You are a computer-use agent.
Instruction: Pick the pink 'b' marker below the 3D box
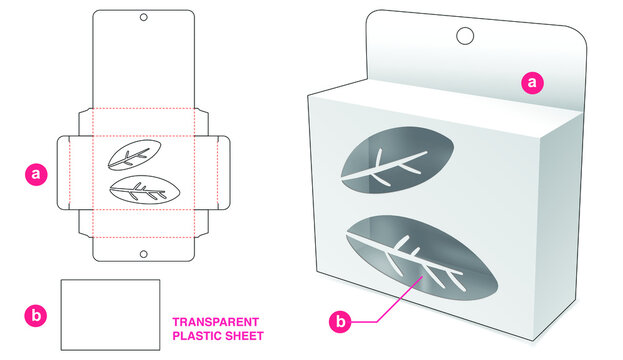342,322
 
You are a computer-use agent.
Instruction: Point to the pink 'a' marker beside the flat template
37,174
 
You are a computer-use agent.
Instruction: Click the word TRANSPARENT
216,322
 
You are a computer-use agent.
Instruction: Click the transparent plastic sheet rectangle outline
110,314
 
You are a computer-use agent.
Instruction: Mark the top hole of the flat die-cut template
143,18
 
